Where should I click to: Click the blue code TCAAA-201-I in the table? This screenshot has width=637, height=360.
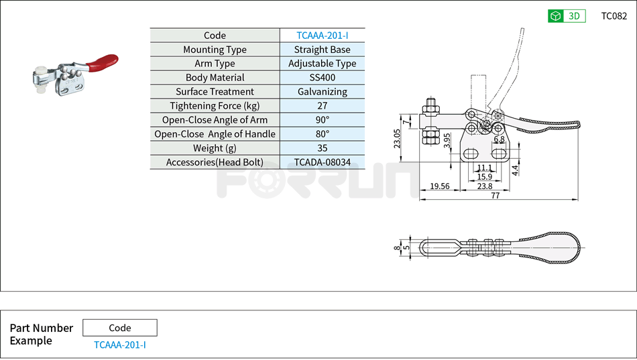tap(322, 36)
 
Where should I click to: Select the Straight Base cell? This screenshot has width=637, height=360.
tap(322, 50)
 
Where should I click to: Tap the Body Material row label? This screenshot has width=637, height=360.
tap(215, 78)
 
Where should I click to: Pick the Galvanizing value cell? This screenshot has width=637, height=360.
tap(322, 92)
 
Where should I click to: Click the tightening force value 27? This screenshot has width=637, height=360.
tap(322, 106)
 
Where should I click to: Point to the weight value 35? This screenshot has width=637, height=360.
tap(322, 148)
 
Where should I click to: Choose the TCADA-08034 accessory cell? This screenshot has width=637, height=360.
tap(322, 162)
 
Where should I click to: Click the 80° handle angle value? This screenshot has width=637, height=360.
tap(322, 134)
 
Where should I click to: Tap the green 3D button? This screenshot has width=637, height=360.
tap(567, 16)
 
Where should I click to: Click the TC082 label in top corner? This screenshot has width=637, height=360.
tap(614, 16)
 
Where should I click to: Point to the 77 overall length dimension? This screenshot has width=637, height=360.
tap(496, 195)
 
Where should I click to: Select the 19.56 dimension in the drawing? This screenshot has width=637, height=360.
tap(440, 186)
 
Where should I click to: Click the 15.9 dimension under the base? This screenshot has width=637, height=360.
tap(484, 177)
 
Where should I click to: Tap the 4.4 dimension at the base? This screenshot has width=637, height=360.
tap(514, 170)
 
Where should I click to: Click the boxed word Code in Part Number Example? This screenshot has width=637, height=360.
tap(119, 328)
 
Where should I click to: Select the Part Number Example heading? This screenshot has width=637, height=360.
tap(41, 334)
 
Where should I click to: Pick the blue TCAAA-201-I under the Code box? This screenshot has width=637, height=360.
tap(119, 345)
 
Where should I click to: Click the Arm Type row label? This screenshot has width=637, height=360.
tap(215, 64)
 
